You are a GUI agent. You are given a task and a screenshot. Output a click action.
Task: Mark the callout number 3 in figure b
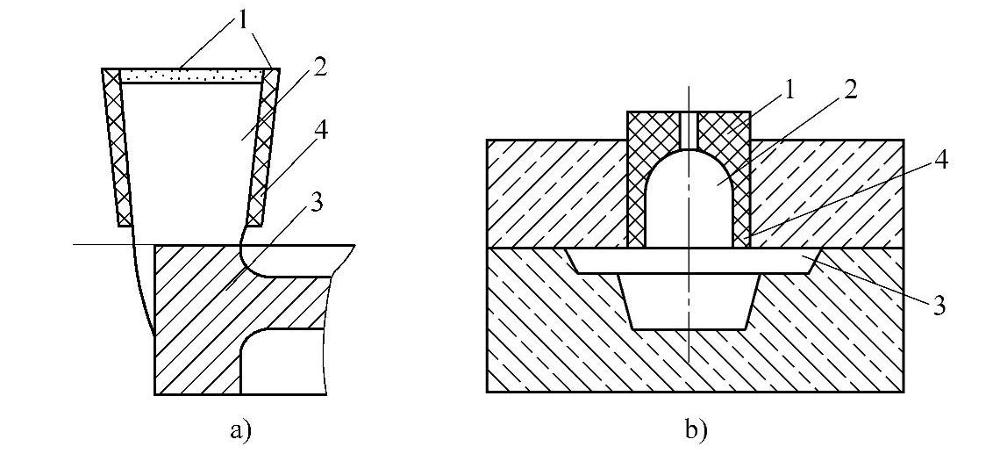(938, 306)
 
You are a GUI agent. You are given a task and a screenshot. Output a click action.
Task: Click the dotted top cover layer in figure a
(190, 78)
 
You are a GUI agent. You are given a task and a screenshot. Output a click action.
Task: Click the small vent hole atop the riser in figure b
(689, 128)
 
